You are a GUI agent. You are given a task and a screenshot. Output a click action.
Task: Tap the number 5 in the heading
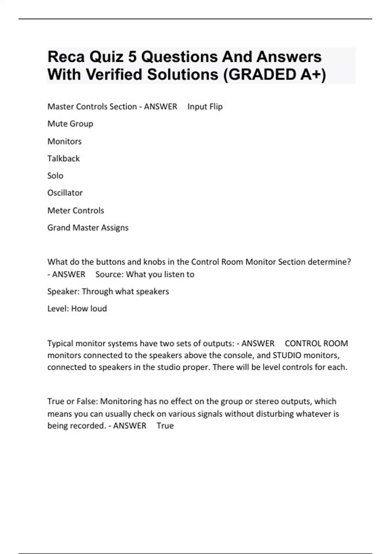pyautogui.click(x=132, y=57)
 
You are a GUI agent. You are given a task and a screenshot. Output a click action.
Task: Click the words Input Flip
pyautogui.click(x=205, y=107)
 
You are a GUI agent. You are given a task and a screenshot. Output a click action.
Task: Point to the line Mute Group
pyautogui.click(x=70, y=124)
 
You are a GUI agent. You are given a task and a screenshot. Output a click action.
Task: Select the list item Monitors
pyautogui.click(x=65, y=141)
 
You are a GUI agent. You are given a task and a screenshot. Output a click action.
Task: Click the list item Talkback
pyautogui.click(x=64, y=159)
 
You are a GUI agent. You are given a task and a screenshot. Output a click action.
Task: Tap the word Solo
pyautogui.click(x=55, y=176)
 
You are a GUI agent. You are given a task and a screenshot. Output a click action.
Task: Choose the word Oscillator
pyautogui.click(x=65, y=193)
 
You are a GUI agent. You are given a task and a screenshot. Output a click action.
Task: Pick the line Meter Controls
pyautogui.click(x=76, y=211)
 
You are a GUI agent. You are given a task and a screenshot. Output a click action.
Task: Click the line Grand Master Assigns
pyautogui.click(x=88, y=227)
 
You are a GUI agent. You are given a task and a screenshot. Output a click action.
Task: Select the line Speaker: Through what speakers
pyautogui.click(x=108, y=291)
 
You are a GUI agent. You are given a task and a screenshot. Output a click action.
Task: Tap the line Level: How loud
pyautogui.click(x=77, y=309)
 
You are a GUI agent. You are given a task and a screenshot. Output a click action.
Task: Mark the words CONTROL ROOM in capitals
pyautogui.click(x=316, y=343)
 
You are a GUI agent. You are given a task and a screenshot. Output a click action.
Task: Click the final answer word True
pyautogui.click(x=165, y=426)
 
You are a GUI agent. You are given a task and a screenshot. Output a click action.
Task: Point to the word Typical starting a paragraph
pyautogui.click(x=60, y=343)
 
